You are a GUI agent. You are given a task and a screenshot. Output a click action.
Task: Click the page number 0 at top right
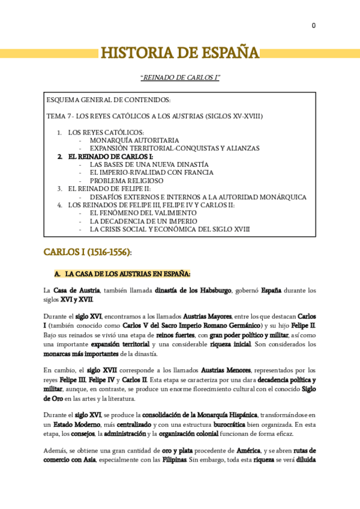[313, 25]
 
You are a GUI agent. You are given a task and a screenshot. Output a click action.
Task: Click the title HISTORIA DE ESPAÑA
[179, 53]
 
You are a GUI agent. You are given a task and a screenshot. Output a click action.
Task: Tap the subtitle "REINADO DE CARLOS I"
[179, 78]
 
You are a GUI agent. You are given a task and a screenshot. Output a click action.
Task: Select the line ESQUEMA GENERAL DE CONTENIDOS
[109, 100]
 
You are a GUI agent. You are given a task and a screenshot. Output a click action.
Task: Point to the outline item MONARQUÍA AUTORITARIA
[134, 140]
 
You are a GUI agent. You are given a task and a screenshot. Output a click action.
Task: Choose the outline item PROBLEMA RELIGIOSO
[127, 180]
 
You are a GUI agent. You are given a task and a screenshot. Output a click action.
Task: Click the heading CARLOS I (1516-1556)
[88, 252]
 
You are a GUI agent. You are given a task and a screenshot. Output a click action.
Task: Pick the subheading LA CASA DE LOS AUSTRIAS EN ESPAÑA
[128, 274]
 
